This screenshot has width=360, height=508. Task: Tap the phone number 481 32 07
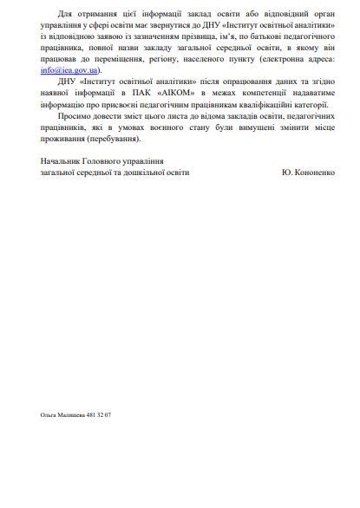point(97,415)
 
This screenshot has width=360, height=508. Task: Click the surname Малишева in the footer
point(73,415)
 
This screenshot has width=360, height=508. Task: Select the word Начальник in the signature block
point(62,160)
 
